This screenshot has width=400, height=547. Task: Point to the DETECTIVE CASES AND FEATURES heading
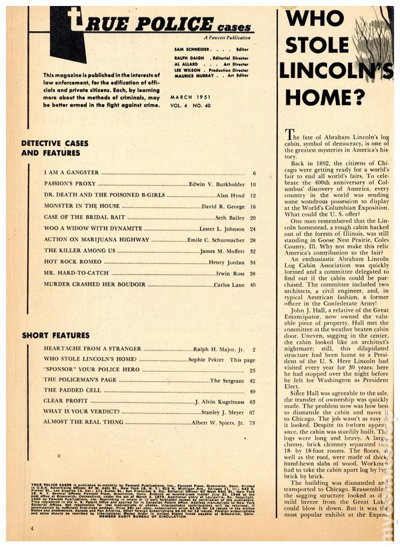point(55,148)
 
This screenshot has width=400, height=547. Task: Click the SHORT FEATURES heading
point(55,335)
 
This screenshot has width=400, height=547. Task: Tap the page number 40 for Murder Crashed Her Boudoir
point(253,284)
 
